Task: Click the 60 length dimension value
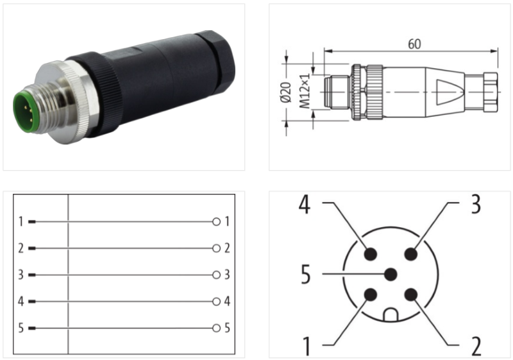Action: click(414, 44)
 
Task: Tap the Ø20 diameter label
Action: click(286, 92)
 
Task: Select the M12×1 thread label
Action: click(305, 92)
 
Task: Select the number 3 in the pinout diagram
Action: click(476, 204)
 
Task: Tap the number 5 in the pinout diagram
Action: click(305, 274)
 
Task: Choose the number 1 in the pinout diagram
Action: click(307, 346)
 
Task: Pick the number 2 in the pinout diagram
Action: click(476, 346)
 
